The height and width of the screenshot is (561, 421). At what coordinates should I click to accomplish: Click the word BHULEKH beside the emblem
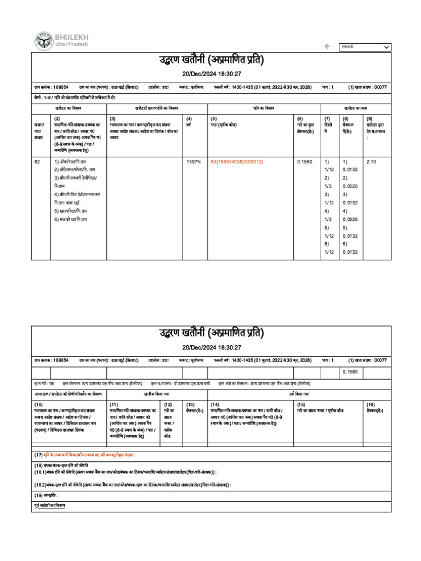click(x=71, y=37)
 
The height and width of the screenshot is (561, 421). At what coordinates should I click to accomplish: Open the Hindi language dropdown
click(x=365, y=47)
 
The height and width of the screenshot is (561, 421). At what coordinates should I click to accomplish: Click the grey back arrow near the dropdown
click(x=327, y=47)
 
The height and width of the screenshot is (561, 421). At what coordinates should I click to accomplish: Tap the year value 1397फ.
click(x=194, y=162)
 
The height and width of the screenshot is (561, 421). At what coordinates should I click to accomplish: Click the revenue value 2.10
click(x=371, y=162)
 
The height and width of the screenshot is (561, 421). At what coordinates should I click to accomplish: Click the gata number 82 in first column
click(x=37, y=162)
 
